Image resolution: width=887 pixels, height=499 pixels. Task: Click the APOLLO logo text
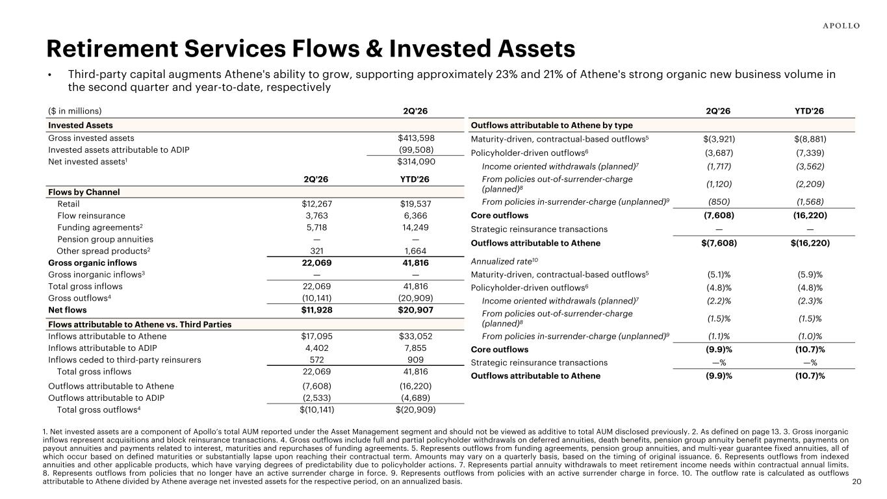pyautogui.click(x=841, y=26)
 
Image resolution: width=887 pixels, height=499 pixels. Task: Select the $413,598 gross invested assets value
pyautogui.click(x=416, y=138)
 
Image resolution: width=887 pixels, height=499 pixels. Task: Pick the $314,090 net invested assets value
pyautogui.click(x=416, y=162)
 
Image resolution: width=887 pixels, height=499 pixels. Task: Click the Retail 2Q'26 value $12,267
pyautogui.click(x=317, y=204)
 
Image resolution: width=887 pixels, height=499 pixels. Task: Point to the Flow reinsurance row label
pyautogui.click(x=91, y=216)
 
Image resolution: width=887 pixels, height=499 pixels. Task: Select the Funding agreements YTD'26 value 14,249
pyautogui.click(x=415, y=227)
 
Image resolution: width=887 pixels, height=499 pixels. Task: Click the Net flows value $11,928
pyautogui.click(x=317, y=310)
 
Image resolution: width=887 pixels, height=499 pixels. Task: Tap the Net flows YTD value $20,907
pyautogui.click(x=415, y=310)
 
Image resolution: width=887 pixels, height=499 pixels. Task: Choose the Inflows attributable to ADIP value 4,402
pyautogui.click(x=317, y=348)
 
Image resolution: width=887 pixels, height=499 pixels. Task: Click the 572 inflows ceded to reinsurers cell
pyautogui.click(x=317, y=360)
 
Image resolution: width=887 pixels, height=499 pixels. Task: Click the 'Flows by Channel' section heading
pyautogui.click(x=84, y=192)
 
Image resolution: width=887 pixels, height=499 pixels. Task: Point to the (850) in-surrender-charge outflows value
pyautogui.click(x=719, y=201)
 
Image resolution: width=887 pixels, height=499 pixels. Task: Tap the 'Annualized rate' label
pyautogui.click(x=504, y=261)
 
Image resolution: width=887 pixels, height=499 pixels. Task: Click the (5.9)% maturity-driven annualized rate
pyautogui.click(x=810, y=274)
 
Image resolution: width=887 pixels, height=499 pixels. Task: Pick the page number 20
pyautogui.click(x=856, y=481)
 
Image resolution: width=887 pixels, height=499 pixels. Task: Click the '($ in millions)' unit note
pyautogui.click(x=75, y=111)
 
